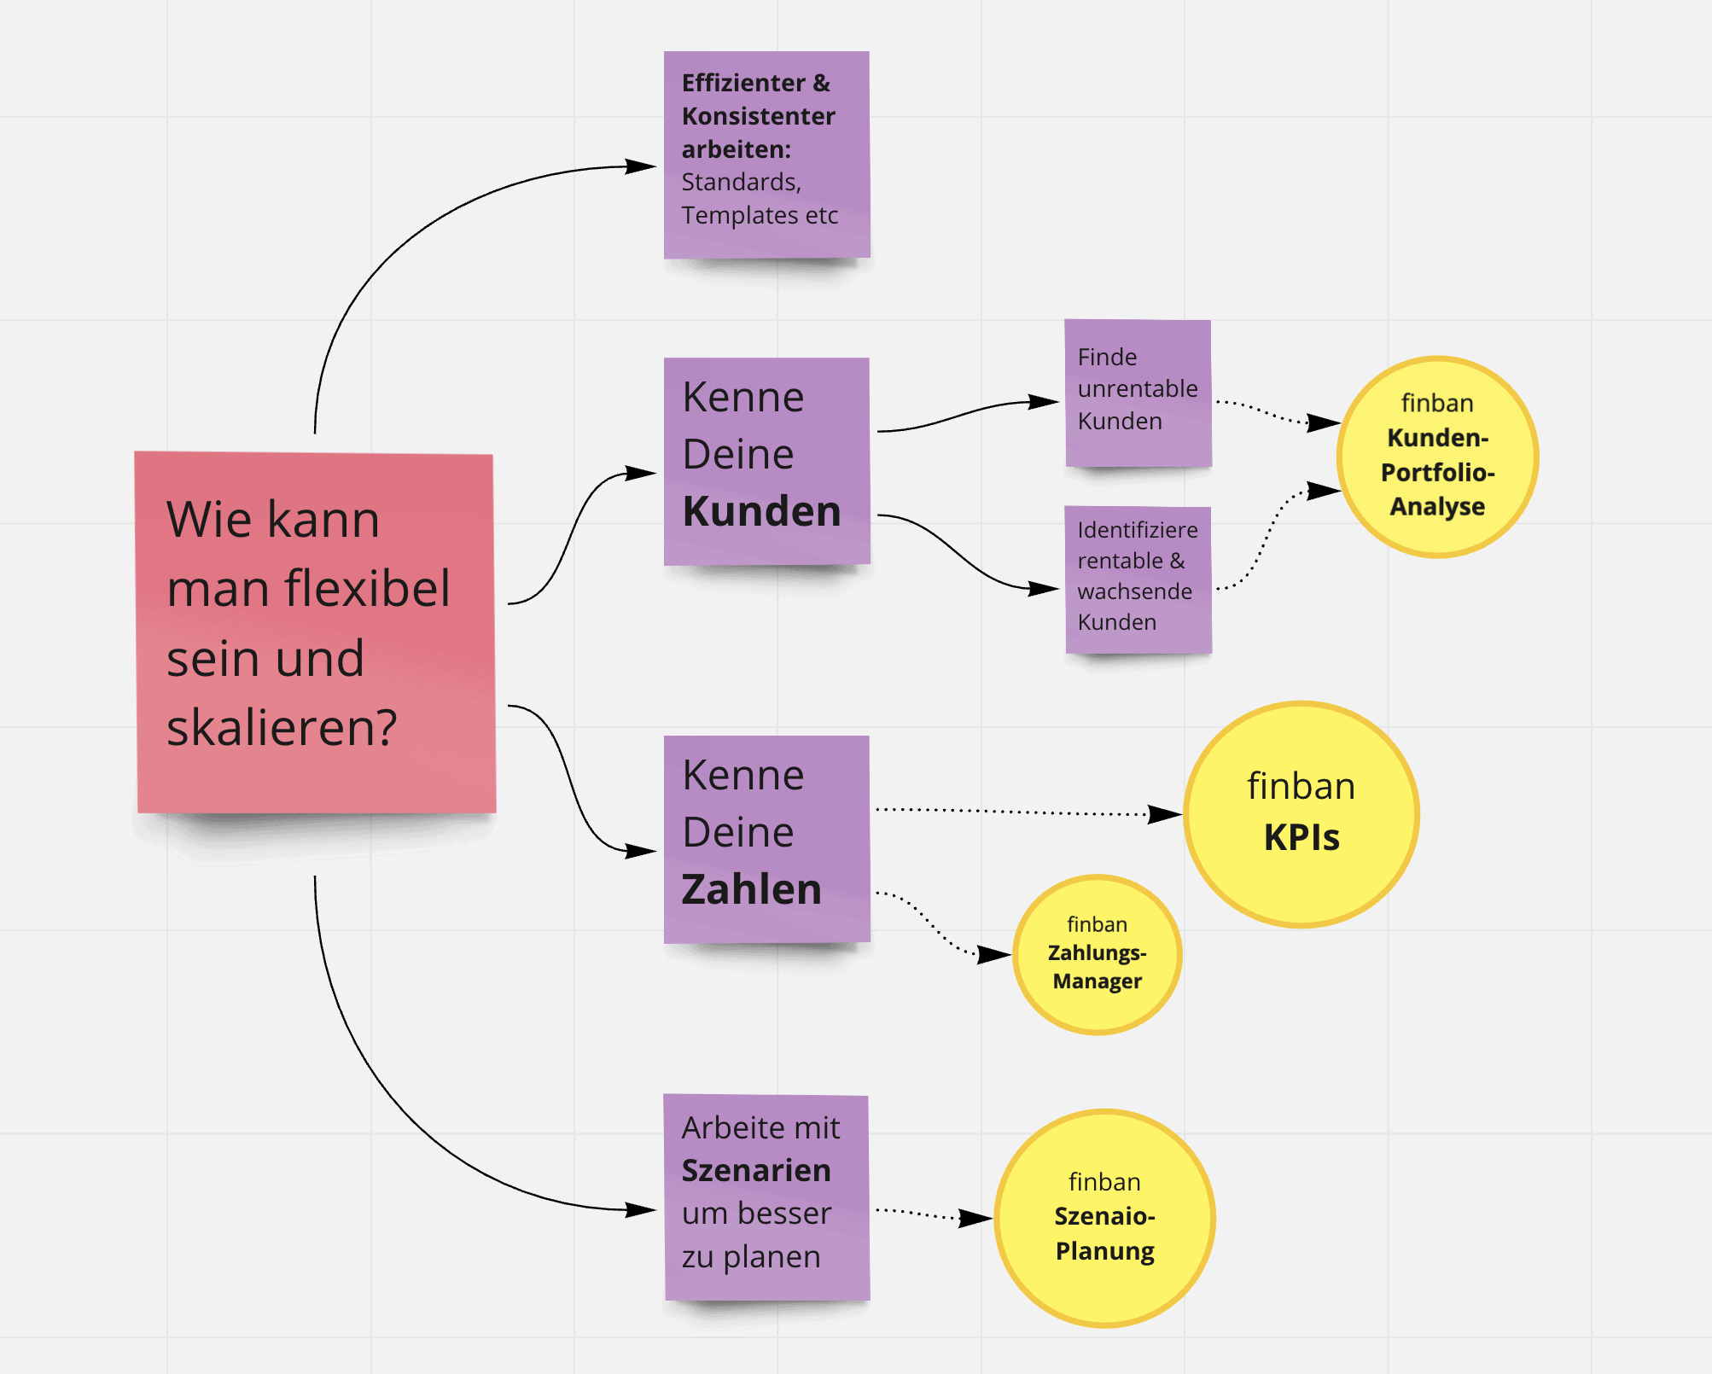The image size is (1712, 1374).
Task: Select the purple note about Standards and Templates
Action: point(766,154)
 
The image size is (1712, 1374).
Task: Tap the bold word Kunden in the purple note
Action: point(761,511)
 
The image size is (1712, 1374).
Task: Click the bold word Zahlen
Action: point(751,889)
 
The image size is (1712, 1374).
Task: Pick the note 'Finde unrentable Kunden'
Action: point(1138,393)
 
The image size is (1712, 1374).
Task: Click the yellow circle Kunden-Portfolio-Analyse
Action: point(1437,457)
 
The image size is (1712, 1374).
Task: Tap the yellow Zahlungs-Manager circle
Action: point(1097,955)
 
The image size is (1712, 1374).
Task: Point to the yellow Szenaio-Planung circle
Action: point(1104,1218)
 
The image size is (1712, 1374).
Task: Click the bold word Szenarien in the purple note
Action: point(756,1171)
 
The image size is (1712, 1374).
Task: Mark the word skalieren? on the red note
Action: point(282,728)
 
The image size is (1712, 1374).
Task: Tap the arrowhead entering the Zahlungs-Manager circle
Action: point(993,954)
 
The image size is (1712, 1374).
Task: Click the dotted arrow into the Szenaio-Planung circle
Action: point(922,1213)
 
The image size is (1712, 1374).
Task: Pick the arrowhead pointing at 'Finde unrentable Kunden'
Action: point(1043,401)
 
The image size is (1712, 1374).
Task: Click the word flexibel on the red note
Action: point(367,588)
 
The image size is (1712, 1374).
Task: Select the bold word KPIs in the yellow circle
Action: point(1301,838)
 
